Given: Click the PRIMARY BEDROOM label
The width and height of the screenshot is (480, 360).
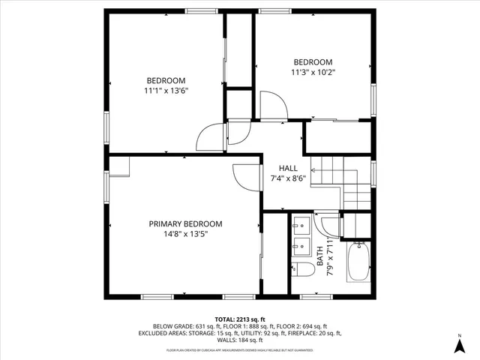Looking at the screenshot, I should tap(185, 223).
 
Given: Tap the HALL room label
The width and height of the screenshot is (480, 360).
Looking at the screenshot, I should tap(287, 168).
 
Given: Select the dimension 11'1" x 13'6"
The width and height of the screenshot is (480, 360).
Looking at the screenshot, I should tap(166, 91).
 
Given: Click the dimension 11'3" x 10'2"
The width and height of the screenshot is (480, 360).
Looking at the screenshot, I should tap(313, 73).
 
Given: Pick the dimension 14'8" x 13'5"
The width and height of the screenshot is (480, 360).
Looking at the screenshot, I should tap(185, 234).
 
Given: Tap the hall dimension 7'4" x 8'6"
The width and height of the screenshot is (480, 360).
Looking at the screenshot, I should tap(287, 179).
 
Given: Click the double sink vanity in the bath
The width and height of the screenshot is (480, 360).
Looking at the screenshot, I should tap(303, 235).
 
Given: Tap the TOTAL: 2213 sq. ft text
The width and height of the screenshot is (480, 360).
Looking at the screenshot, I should tap(239, 318).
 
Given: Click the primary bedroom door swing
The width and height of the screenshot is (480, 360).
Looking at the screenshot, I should tap(244, 177).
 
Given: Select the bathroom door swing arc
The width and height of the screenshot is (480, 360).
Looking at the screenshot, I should tap(327, 224).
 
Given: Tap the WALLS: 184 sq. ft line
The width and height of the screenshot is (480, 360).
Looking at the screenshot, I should tap(239, 340).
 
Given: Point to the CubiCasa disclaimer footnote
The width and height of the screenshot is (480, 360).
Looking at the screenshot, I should tap(239, 349).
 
